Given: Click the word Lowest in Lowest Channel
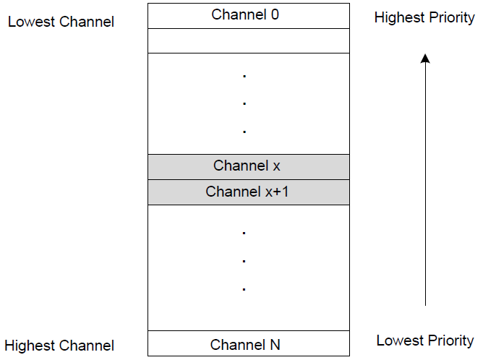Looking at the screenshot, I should [30, 22].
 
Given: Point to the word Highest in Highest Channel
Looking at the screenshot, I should [31, 346].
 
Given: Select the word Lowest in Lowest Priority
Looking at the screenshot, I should [400, 340].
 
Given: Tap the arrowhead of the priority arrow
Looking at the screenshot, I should [425, 59].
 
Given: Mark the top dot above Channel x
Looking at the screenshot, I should [244, 75].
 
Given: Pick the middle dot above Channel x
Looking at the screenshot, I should [244, 103].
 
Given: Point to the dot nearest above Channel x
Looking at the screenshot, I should [244, 132].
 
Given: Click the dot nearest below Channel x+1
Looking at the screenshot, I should [244, 233].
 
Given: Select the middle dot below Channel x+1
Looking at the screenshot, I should [244, 260].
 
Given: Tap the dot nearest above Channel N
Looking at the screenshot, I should [244, 289].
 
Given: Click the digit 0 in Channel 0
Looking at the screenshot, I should [274, 14].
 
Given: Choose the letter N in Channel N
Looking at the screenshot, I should [274, 345].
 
